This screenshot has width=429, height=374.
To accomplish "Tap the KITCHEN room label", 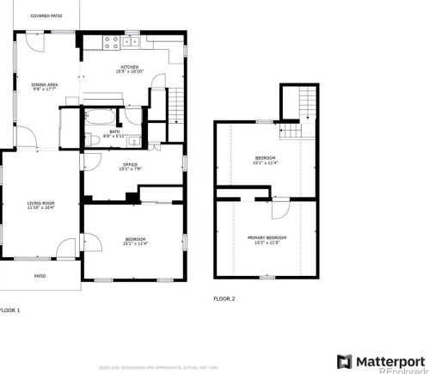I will pyautogui.click(x=130, y=69).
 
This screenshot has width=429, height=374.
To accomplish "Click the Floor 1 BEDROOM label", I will pyautogui.click(x=135, y=241).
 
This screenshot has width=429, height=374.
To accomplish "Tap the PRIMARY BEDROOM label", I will pyautogui.click(x=267, y=239).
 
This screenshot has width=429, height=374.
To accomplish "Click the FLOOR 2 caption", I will pyautogui.click(x=224, y=298).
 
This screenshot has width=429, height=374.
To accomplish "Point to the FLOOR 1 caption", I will pyautogui.click(x=9, y=310).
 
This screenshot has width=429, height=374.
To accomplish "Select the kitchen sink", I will pyautogui.click(x=132, y=40).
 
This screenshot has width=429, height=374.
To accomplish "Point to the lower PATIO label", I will pyautogui.click(x=40, y=276).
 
